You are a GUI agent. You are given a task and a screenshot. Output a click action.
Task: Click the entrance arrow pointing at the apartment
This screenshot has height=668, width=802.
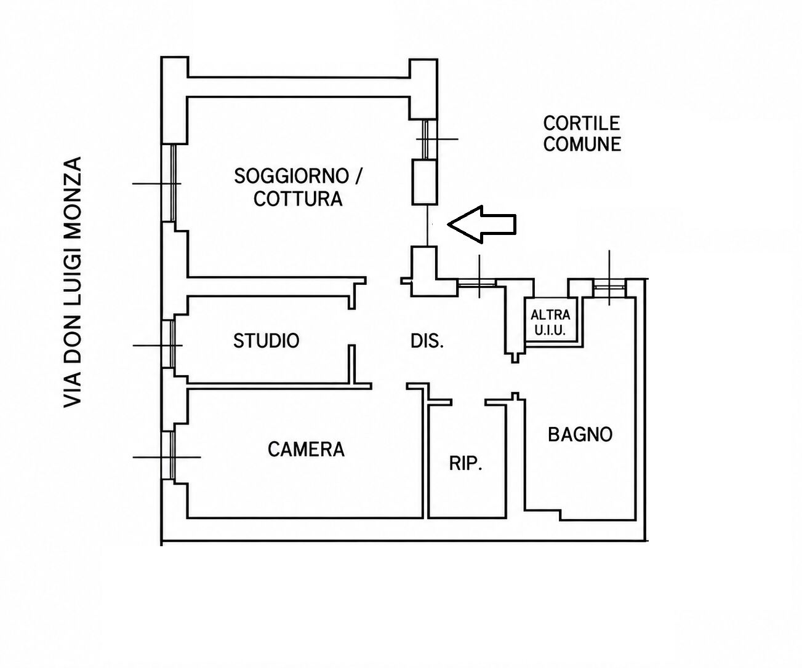click(482, 225)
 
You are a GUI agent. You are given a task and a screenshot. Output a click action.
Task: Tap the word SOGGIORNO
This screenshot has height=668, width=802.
click(292, 176)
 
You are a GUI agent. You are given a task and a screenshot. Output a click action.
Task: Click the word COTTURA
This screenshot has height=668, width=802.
click(298, 199)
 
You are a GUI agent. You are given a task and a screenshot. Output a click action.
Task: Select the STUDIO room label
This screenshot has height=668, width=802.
click(266, 341)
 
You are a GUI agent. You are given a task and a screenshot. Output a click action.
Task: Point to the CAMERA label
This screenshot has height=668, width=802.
click(306, 449)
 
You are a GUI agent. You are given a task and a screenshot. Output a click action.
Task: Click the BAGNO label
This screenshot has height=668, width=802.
click(580, 435)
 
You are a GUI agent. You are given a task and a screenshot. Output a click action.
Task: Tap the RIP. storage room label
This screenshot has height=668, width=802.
click(465, 463)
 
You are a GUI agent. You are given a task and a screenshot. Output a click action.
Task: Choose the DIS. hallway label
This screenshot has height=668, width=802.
click(427, 341)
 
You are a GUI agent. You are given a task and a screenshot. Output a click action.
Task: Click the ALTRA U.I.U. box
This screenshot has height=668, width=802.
click(550, 322)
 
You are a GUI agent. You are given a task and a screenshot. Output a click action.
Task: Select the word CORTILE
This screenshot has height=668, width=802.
click(582, 123)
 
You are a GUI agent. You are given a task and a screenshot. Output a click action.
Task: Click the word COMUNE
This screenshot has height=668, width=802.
click(582, 144)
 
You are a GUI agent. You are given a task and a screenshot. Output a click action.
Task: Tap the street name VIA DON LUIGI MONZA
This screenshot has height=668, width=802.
click(72, 282)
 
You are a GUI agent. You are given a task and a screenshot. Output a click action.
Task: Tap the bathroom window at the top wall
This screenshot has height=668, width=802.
click(609, 287)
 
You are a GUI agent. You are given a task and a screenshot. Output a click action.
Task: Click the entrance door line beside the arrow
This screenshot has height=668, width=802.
click(428, 225)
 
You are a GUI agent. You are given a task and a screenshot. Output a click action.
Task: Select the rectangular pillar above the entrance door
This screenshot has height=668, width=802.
click(425, 181)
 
